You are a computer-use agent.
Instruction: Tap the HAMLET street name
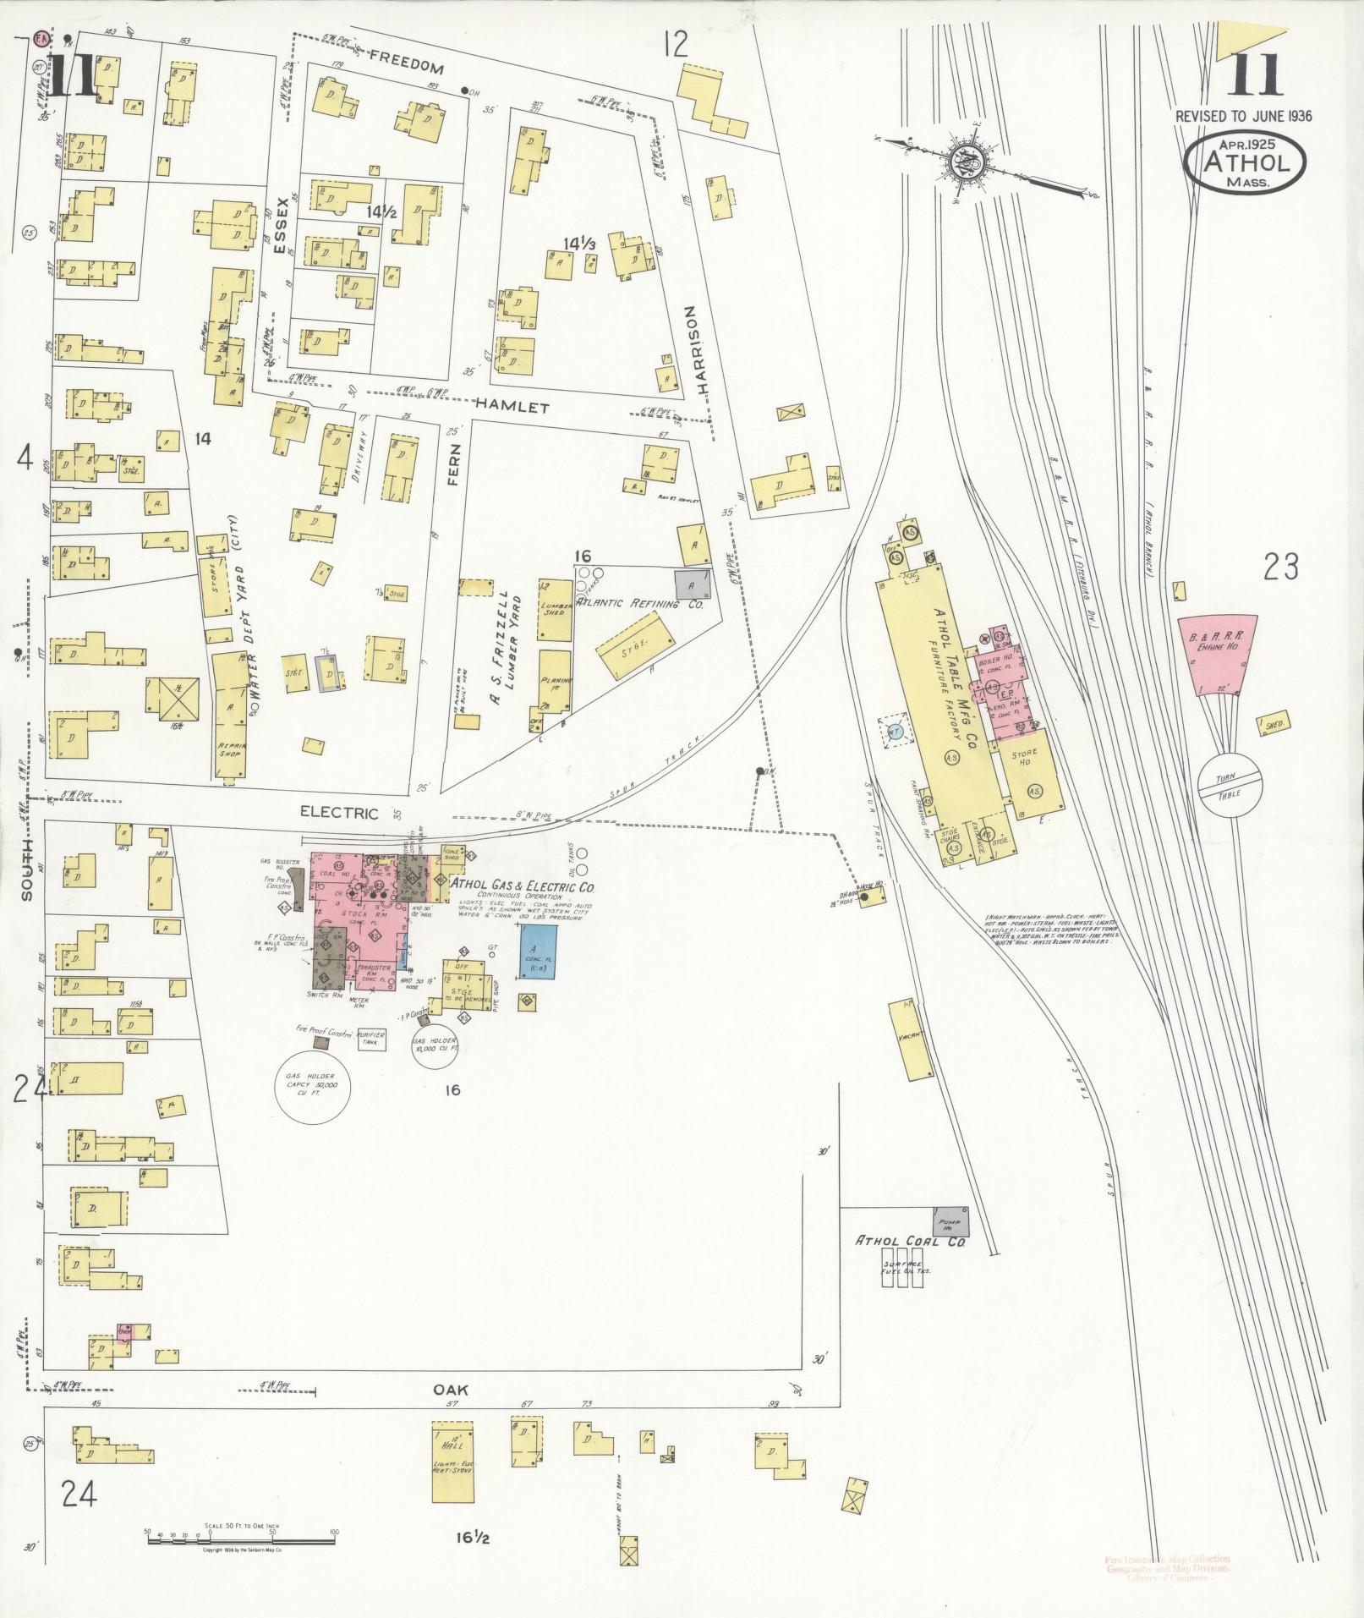pos(512,407)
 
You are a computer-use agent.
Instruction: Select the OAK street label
pos(451,1390)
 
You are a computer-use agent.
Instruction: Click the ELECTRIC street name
pos(339,813)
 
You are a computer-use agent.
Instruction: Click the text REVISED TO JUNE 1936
pos(1244,116)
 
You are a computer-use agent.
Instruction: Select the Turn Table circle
pos(1230,783)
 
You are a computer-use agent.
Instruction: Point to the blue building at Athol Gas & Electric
pos(538,952)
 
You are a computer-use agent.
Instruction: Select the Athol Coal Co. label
pos(910,1241)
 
